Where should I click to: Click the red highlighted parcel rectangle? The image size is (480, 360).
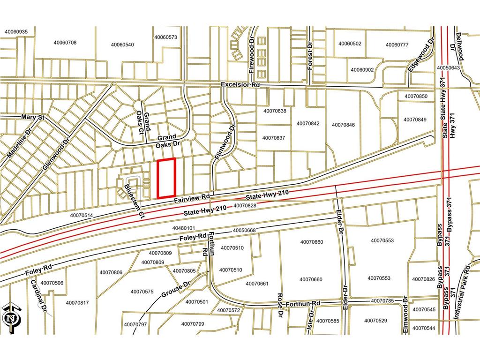pyautogui.click(x=166, y=178)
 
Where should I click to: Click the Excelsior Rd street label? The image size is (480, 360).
pyautogui.click(x=240, y=85)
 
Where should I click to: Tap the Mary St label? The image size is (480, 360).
pyautogui.click(x=32, y=117)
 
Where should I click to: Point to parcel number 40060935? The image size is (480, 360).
pyautogui.click(x=16, y=32)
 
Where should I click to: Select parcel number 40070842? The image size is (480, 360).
pyautogui.click(x=308, y=124)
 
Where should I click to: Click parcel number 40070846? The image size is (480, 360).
pyautogui.click(x=343, y=125)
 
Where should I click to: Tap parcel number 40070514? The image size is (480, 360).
pyautogui.click(x=82, y=216)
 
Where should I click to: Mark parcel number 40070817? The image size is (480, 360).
pyautogui.click(x=77, y=303)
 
